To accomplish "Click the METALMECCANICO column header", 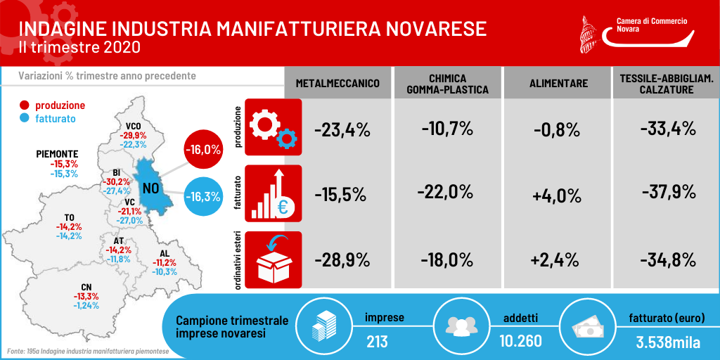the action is tap(337, 84).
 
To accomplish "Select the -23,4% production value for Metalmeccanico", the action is tap(342, 131).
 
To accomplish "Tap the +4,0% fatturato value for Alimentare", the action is tap(557, 197).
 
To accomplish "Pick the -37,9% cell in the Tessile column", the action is tap(668, 191).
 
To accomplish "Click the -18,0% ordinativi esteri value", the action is tap(446, 260).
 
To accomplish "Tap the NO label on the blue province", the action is tap(153, 188).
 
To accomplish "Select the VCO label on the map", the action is tap(133, 127).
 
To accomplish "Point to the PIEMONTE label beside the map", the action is tap(57, 154).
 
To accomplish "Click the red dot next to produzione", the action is tap(25, 105).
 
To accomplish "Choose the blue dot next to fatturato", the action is tap(25, 118).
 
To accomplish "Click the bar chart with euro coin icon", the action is tap(274, 193).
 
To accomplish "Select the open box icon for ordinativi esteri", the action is tap(274, 260).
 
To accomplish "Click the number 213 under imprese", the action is tap(377, 342).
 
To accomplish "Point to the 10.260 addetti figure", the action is tap(520, 341).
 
